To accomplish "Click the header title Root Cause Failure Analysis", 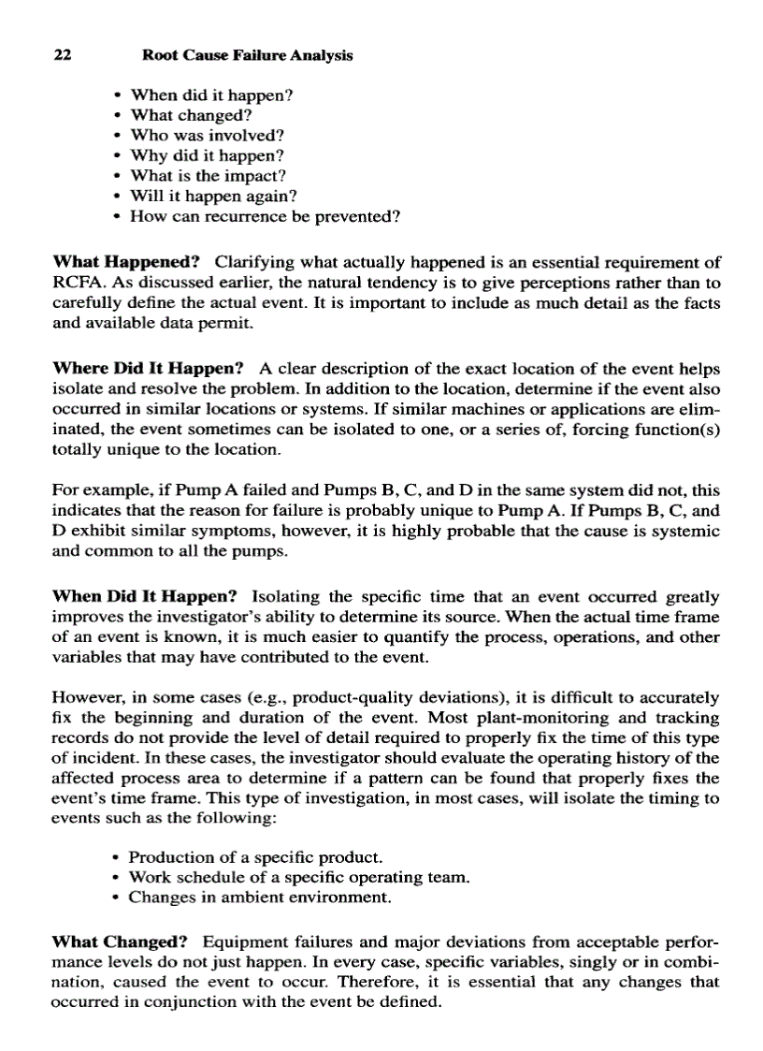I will click(247, 55).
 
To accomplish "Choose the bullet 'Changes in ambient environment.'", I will click(259, 898).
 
